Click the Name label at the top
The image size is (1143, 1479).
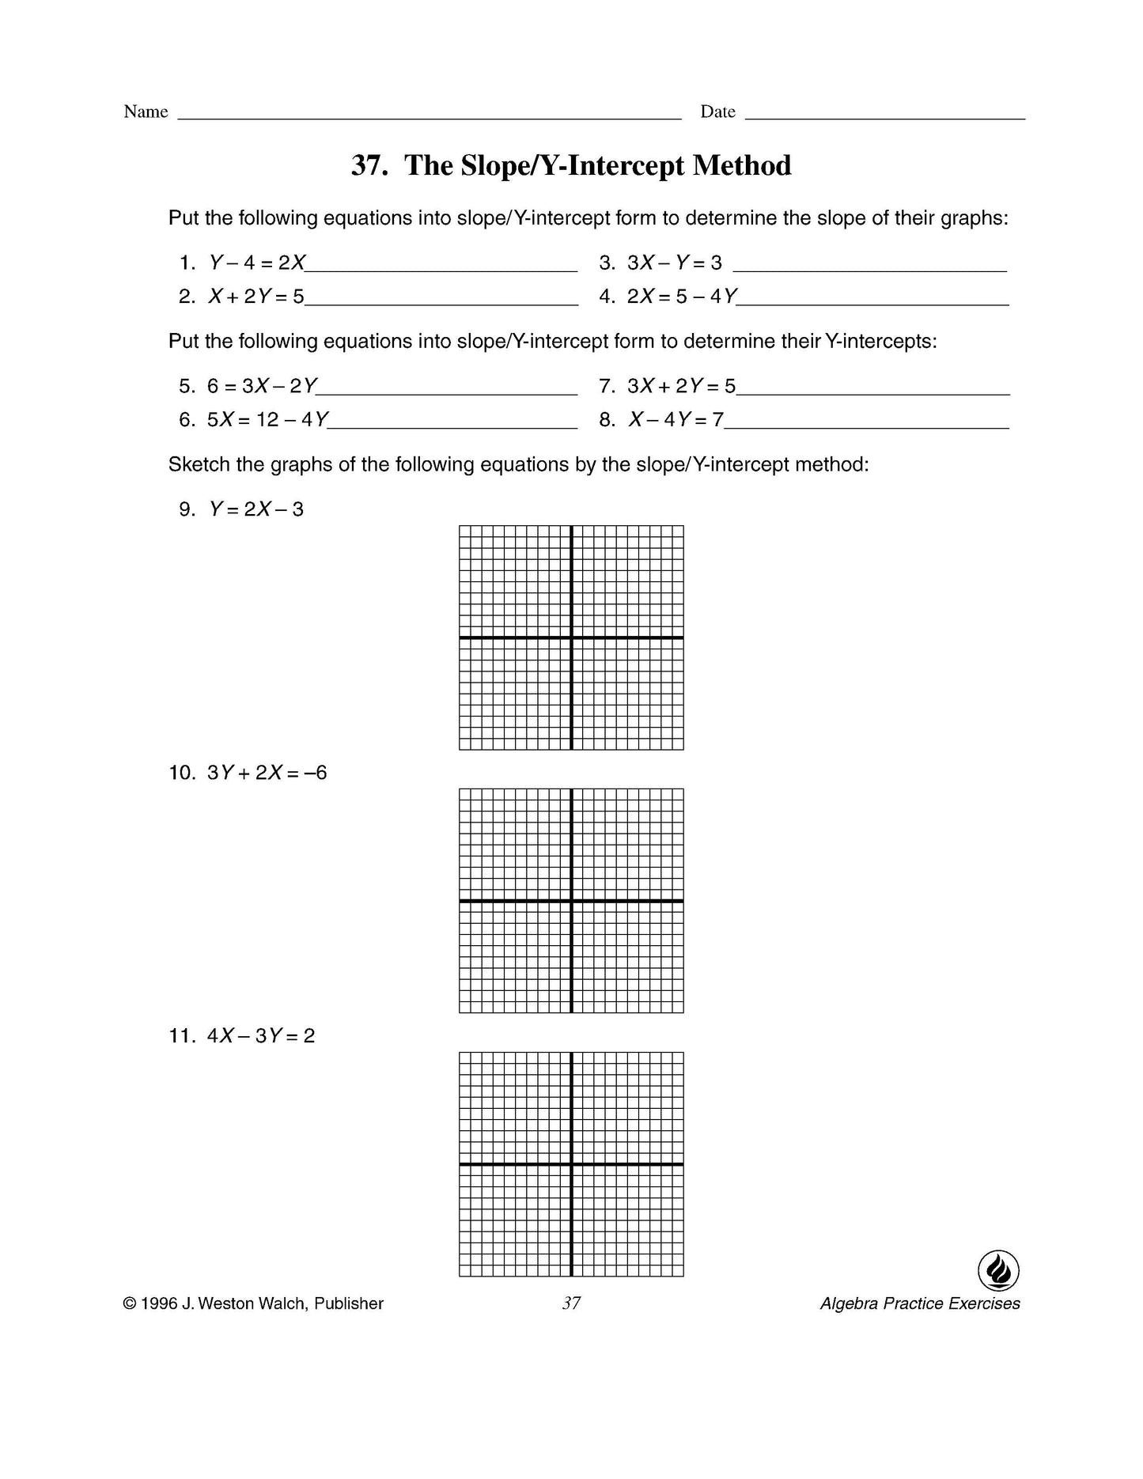pyautogui.click(x=146, y=112)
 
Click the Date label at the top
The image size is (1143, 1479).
pyautogui.click(x=717, y=112)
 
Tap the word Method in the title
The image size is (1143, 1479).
pyautogui.click(x=741, y=165)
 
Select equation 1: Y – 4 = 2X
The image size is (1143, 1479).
pyautogui.click(x=256, y=263)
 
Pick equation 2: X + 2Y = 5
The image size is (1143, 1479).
pyautogui.click(x=255, y=297)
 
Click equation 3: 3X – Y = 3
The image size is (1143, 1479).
pyautogui.click(x=674, y=263)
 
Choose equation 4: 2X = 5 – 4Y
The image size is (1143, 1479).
pyautogui.click(x=682, y=297)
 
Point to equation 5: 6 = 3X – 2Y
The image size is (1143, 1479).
pyautogui.click(x=262, y=386)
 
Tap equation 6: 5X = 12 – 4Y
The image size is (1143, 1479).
pyautogui.click(x=267, y=419)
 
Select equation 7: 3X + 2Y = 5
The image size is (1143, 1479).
pyautogui.click(x=681, y=386)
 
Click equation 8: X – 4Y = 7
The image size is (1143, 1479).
pyautogui.click(x=676, y=419)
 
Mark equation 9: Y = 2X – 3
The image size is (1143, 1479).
pyautogui.click(x=255, y=509)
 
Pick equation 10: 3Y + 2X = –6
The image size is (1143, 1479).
pyautogui.click(x=267, y=773)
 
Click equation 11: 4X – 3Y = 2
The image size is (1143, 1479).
pyautogui.click(x=261, y=1036)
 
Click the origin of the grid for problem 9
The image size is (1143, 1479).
pyautogui.click(x=571, y=637)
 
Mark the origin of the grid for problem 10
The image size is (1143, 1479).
pyautogui.click(x=571, y=901)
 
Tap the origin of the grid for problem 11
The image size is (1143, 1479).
pyautogui.click(x=571, y=1164)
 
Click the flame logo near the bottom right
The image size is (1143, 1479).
pyautogui.click(x=998, y=1272)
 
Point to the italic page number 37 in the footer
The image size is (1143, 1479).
pyautogui.click(x=571, y=1303)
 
